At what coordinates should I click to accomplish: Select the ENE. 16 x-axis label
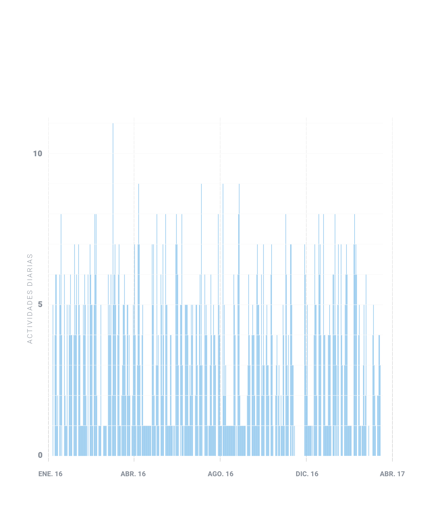click(50, 474)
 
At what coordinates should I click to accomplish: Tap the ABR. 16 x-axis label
click(133, 474)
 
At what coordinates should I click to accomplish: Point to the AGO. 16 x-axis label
click(220, 474)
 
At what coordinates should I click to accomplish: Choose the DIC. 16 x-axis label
click(307, 474)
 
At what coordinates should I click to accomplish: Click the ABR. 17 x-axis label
click(392, 474)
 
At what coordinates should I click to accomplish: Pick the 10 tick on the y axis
click(38, 154)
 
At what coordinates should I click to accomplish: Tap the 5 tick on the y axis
click(40, 304)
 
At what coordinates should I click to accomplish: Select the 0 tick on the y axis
click(40, 455)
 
